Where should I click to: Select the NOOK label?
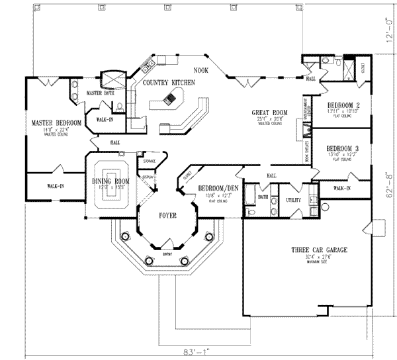click(201, 69)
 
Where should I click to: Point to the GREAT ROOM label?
click(268, 112)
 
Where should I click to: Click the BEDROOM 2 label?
click(343, 105)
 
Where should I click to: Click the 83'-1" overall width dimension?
click(198, 351)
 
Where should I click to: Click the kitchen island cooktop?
click(171, 99)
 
